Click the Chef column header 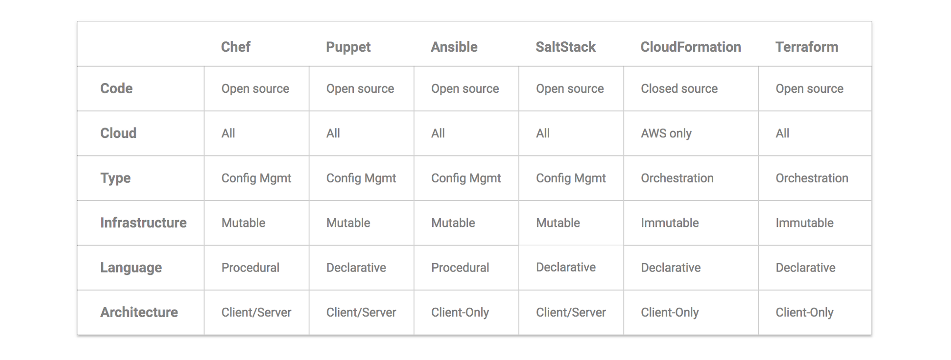(x=235, y=47)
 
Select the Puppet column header (x=348, y=48)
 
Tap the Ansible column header (x=454, y=47)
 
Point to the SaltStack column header (x=565, y=47)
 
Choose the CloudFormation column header (x=690, y=47)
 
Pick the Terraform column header (x=806, y=47)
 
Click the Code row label (x=116, y=88)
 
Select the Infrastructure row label (x=143, y=223)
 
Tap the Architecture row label (x=139, y=312)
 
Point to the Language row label (x=131, y=268)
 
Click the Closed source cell (x=679, y=88)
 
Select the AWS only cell (x=666, y=134)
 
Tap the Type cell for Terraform (x=812, y=178)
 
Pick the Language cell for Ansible (x=460, y=268)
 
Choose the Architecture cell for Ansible (x=460, y=312)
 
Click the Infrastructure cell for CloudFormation (x=670, y=223)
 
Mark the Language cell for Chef (x=250, y=268)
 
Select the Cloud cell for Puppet (x=333, y=133)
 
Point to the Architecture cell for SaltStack (x=571, y=312)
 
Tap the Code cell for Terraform (x=809, y=89)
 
